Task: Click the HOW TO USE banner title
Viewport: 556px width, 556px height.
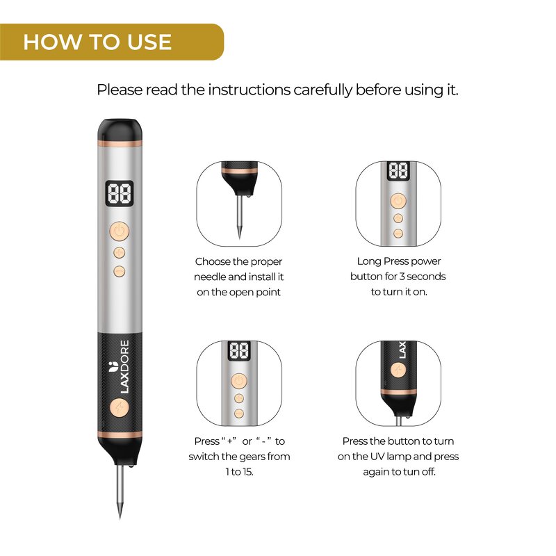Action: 97,42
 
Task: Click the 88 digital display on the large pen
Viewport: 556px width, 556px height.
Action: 120,194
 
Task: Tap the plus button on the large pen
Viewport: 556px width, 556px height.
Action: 119,252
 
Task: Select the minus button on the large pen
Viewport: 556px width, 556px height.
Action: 119,269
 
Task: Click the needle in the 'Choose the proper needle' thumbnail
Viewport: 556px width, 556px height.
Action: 239,219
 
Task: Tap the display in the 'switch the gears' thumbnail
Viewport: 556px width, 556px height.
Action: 239,351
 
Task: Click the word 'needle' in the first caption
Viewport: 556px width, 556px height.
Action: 211,277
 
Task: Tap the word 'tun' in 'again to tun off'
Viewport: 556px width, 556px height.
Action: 416,472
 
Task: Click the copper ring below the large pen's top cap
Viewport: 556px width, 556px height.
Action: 120,144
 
